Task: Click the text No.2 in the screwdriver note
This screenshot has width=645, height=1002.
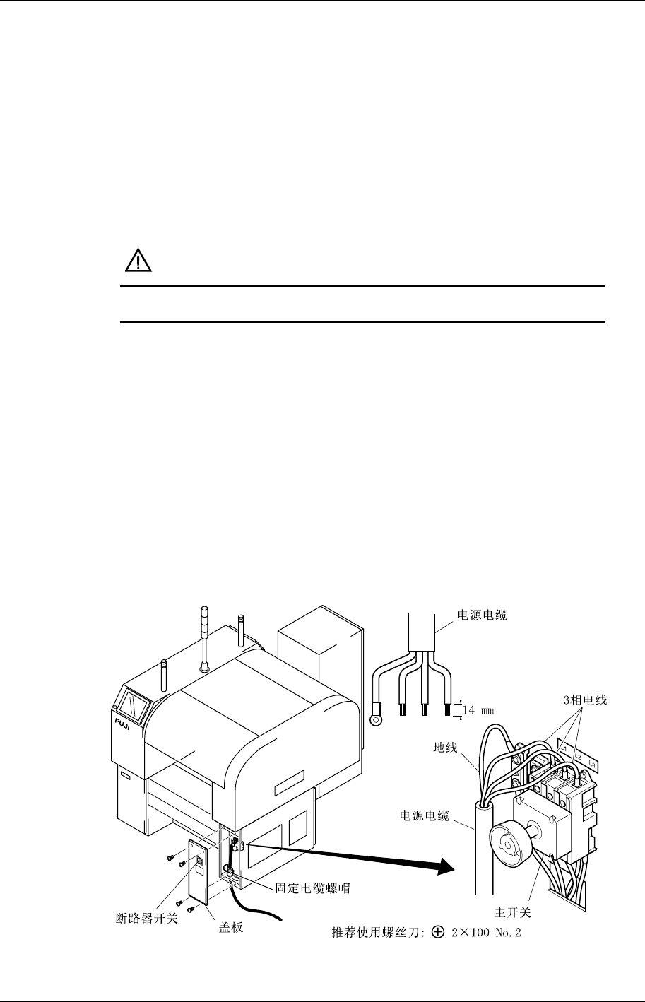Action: [507, 933]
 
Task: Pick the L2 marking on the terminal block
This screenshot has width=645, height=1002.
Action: [578, 756]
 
